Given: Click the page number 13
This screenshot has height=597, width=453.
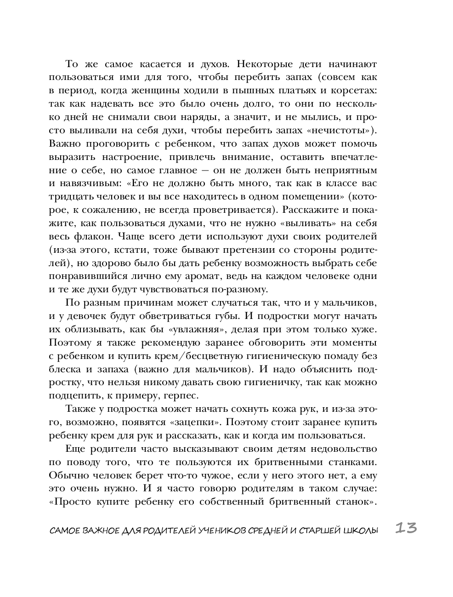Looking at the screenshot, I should coord(405,528).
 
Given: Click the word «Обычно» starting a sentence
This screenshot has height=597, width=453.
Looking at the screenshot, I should coord(66,475).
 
